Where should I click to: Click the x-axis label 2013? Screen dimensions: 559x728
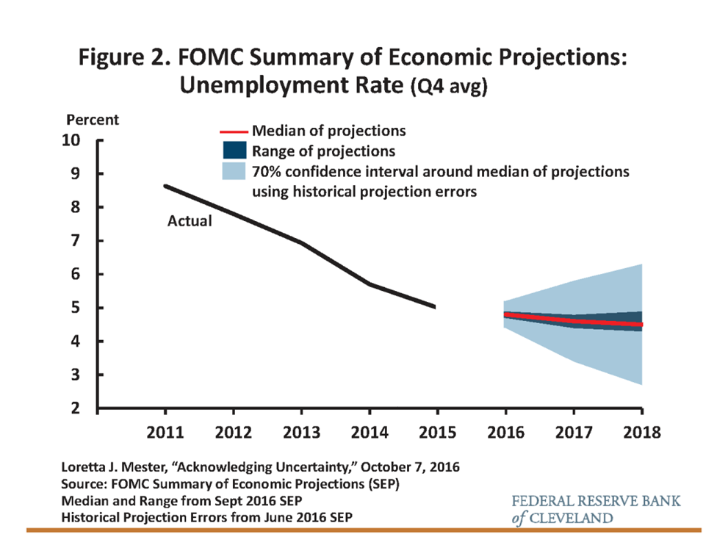[301, 431]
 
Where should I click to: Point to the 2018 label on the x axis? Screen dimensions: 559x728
[641, 431]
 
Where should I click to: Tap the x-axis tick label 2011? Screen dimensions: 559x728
[165, 431]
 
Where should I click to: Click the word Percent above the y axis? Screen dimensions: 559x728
[92, 119]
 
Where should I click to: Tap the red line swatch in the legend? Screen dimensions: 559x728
[234, 132]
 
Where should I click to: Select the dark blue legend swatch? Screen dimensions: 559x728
[234, 151]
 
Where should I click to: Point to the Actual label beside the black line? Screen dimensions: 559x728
[190, 220]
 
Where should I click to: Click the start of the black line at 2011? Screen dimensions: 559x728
[165, 186]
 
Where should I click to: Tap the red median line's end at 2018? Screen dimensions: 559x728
[641, 324]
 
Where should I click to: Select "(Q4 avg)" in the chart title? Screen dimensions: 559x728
[448, 88]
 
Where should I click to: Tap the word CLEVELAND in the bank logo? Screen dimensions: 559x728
[573, 518]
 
